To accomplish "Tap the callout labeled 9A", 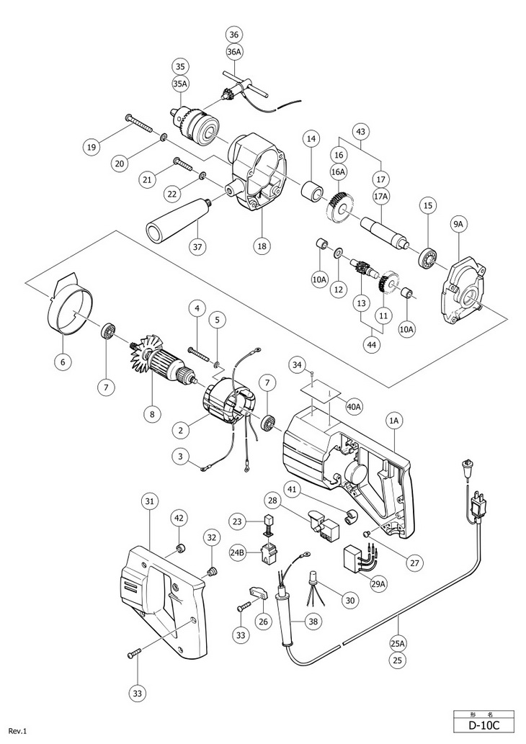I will coord(459,225).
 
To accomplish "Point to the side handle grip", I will coord(176,220).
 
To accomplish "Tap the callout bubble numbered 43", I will coord(360,131).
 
